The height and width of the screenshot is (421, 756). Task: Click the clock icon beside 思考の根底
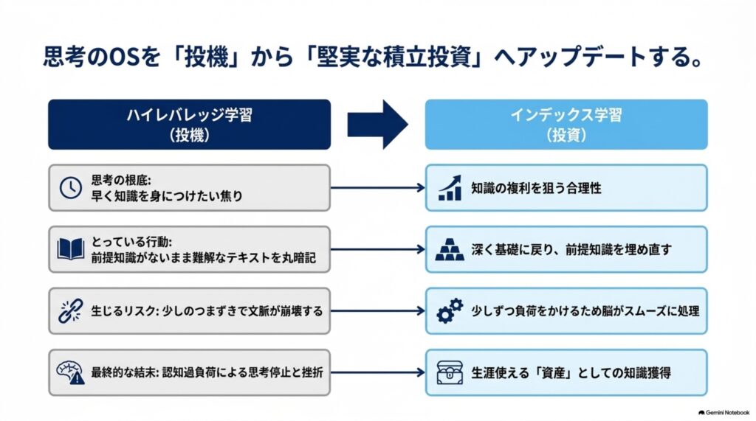point(70,188)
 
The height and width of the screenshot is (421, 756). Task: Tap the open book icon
point(70,249)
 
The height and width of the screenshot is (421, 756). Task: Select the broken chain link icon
point(70,311)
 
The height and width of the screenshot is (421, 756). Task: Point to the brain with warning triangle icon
point(70,373)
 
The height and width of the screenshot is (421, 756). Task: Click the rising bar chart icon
point(450,188)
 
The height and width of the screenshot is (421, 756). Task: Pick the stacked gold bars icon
point(450,249)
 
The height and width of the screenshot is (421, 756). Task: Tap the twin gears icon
point(450,311)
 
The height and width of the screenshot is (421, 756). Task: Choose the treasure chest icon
point(450,373)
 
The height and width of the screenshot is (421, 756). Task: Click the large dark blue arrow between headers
point(377,125)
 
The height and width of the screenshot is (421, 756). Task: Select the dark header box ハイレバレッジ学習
point(190,125)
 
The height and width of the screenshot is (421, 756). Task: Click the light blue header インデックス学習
point(566,125)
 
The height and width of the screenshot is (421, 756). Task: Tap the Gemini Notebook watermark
point(724,413)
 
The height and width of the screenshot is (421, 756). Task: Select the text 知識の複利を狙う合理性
point(536,188)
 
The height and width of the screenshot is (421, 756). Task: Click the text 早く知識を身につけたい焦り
point(167,196)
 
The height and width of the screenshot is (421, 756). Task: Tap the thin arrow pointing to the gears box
point(377,311)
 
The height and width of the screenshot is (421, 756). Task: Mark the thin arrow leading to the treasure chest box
point(377,372)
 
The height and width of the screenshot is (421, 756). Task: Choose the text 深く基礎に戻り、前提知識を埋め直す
point(571,249)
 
